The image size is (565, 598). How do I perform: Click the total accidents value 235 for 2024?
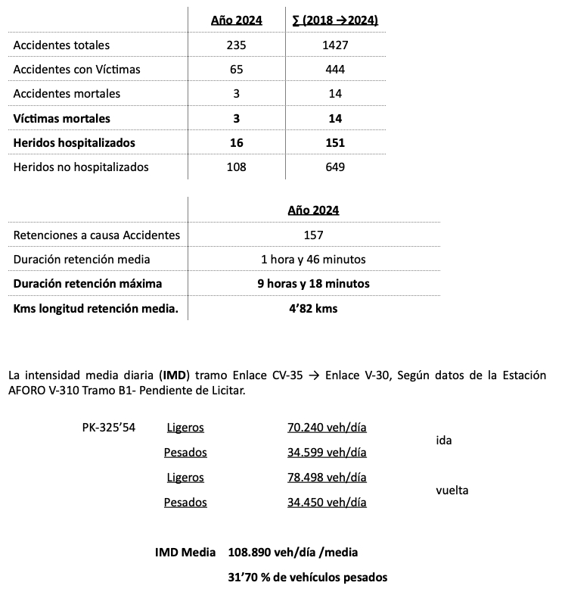click(x=236, y=45)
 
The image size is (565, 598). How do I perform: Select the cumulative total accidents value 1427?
click(x=336, y=45)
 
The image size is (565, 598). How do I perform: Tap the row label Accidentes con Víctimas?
click(x=77, y=70)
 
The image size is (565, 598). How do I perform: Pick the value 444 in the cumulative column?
click(x=336, y=70)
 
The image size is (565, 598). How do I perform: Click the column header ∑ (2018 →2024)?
click(x=335, y=20)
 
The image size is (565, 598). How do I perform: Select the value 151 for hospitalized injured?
click(x=336, y=142)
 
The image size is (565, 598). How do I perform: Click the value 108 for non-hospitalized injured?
click(x=236, y=167)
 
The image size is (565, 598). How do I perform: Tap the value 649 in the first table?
click(x=336, y=167)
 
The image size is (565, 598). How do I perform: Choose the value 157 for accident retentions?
click(x=313, y=235)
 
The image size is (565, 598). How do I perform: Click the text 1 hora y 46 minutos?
click(x=313, y=260)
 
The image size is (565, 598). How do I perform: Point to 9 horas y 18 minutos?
click(x=313, y=284)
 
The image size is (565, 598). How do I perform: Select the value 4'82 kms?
click(x=313, y=308)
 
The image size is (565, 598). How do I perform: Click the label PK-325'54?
click(x=109, y=428)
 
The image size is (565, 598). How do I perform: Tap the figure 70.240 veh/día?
click(x=327, y=428)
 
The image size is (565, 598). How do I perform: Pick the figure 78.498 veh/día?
click(x=327, y=478)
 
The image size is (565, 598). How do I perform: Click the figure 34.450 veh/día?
click(x=327, y=502)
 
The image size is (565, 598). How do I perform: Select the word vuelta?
click(x=452, y=490)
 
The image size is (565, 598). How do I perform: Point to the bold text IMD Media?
click(x=185, y=553)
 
